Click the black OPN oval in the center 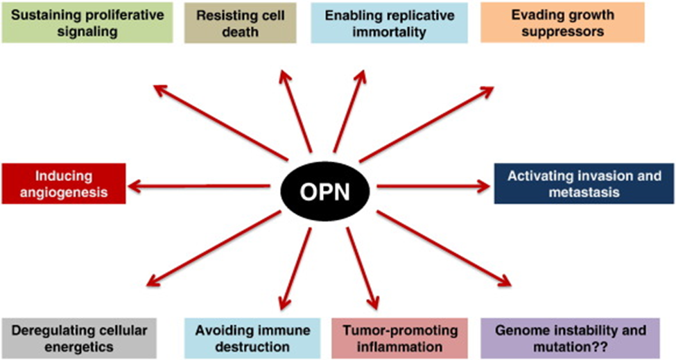pos(325,191)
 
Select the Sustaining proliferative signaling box pos(87,23)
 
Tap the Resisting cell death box pos(240,23)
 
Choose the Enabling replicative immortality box pos(389,23)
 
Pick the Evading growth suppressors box pos(562,23)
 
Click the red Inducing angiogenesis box pos(64,184)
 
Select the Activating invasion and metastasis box pos(584,184)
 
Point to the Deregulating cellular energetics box pos(79,338)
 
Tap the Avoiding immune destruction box pos(252,338)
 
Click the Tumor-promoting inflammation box pos(399,338)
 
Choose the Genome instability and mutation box pos(571,338)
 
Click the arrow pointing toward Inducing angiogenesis pos(199,187)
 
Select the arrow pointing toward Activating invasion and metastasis pos(434,187)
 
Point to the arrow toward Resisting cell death pos(295,111)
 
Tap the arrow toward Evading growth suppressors pos(426,124)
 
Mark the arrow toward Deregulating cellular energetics pos(214,248)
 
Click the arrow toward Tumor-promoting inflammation pos(363,268)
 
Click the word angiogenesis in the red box pos(64,192)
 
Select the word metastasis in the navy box pos(584,192)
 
